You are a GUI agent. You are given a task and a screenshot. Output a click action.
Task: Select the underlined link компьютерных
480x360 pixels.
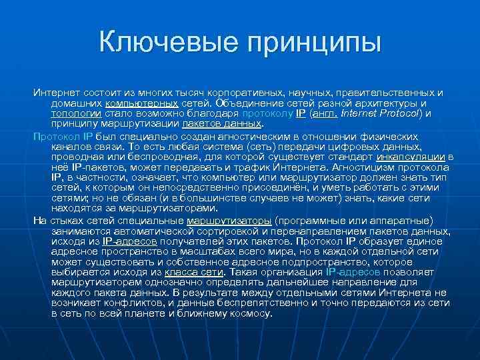click(x=142, y=103)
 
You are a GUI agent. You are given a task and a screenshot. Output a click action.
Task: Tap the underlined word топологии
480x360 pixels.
click(x=76, y=113)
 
